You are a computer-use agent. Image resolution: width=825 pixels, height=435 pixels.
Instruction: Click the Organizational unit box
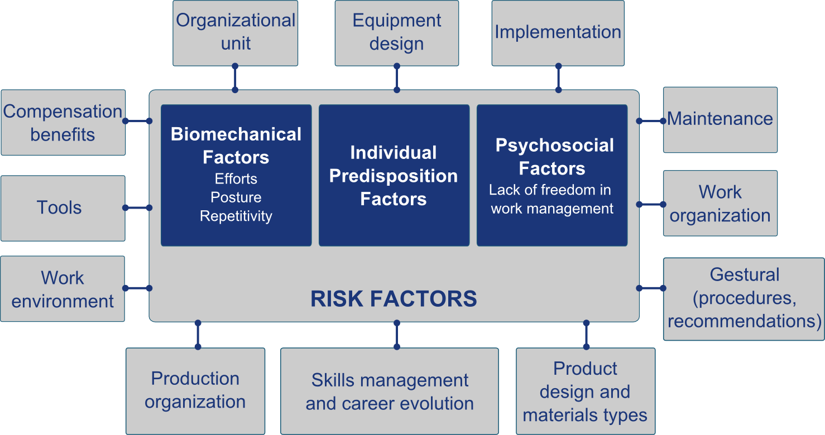pyautogui.click(x=236, y=33)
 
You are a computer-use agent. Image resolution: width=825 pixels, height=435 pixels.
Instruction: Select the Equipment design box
pyautogui.click(x=397, y=33)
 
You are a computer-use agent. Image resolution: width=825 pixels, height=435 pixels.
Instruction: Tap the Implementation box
pyautogui.click(x=558, y=33)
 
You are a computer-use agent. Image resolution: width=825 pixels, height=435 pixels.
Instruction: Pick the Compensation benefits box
pyautogui.click(x=63, y=123)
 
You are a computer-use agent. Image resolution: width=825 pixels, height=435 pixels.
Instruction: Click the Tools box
pyautogui.click(x=63, y=209)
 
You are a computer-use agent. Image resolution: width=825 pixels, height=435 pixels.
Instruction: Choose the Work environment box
pyautogui.click(x=63, y=289)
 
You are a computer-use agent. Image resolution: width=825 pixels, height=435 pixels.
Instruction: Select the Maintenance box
pyautogui.click(x=721, y=120)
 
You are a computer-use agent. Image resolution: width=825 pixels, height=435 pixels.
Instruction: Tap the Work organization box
pyautogui.click(x=721, y=203)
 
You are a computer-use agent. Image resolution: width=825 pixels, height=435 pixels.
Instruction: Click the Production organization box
pyautogui.click(x=195, y=391)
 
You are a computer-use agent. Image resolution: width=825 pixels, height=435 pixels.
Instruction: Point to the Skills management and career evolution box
pyautogui.click(x=390, y=391)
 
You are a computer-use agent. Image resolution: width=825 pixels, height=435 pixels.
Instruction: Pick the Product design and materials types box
pyautogui.click(x=586, y=391)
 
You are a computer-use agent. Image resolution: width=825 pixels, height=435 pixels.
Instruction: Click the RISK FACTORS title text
pyautogui.click(x=394, y=298)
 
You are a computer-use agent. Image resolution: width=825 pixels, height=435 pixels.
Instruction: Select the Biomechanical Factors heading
pyautogui.click(x=236, y=146)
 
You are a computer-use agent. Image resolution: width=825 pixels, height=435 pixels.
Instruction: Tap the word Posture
pyautogui.click(x=236, y=197)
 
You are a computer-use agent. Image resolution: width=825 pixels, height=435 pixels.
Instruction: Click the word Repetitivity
pyautogui.click(x=236, y=216)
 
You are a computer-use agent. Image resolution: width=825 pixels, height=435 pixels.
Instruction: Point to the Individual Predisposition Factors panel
pyautogui.click(x=394, y=175)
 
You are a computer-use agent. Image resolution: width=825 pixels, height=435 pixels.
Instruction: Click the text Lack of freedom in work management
pyautogui.click(x=551, y=199)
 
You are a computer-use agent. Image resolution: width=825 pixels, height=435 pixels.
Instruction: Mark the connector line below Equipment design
pyautogui.click(x=397, y=78)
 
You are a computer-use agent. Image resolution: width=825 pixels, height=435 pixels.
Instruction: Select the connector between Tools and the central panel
pyautogui.click(x=137, y=208)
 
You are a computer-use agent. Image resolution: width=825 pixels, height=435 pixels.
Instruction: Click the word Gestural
pyautogui.click(x=744, y=274)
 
